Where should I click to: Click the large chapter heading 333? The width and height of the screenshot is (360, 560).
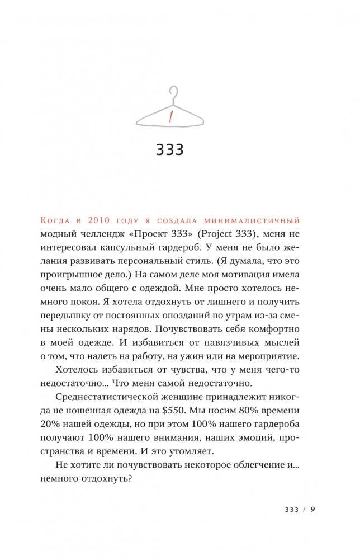click(x=169, y=150)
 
